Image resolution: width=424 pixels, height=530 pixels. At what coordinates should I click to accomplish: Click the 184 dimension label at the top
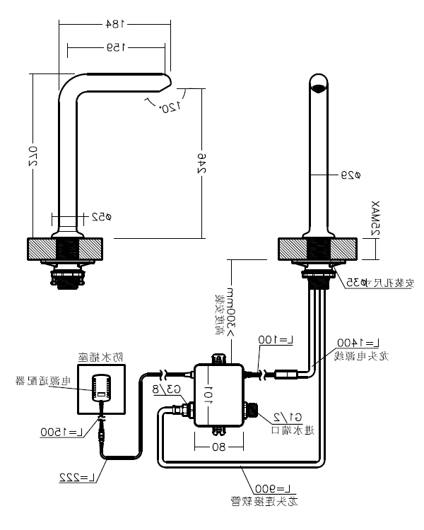113,24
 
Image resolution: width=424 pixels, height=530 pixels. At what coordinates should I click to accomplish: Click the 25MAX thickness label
375,219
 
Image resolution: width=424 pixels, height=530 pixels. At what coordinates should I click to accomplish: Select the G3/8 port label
167,389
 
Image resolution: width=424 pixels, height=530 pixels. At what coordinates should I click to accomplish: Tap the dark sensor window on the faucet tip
320,89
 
